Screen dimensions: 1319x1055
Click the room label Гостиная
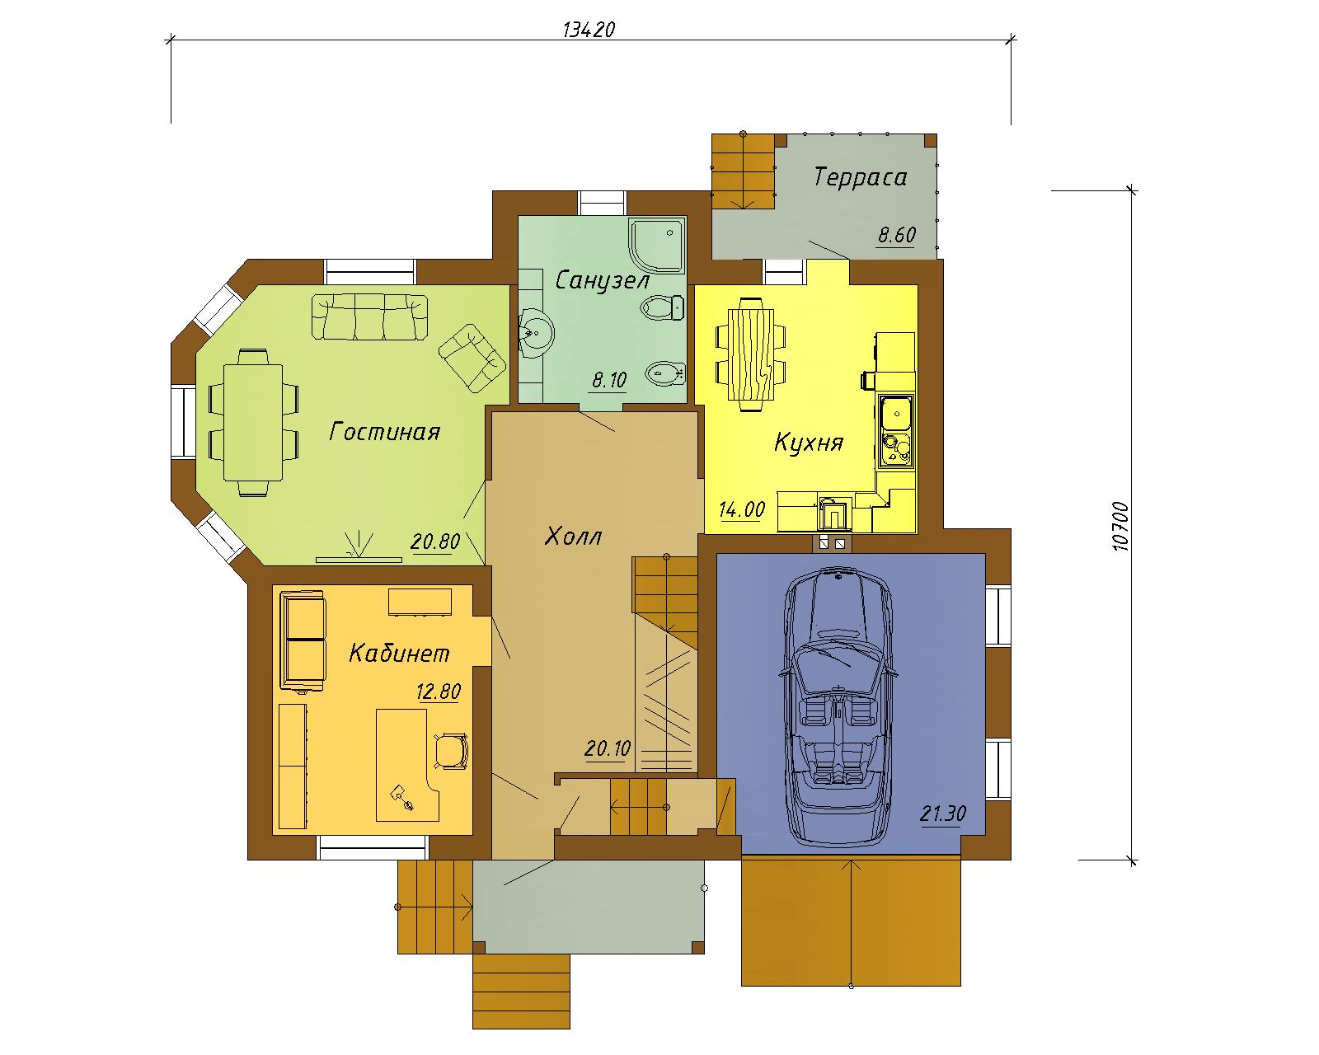385,431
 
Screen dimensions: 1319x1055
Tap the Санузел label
602,280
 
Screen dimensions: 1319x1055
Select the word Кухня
809,442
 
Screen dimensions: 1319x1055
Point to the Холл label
573,537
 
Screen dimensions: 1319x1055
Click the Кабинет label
399,653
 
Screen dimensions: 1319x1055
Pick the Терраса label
860,177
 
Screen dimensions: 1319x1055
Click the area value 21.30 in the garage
942,814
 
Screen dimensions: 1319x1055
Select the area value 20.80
435,542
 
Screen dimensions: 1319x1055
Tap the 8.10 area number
609,380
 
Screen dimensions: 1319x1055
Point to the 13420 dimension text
589,30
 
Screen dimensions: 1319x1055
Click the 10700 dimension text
1120,527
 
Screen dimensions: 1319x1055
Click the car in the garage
838,707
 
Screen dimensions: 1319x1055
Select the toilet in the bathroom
662,307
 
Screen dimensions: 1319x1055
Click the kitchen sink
896,413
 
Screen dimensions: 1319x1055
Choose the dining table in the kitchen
751,354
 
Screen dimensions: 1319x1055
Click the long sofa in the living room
369,316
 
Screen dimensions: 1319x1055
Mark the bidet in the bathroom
665,373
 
